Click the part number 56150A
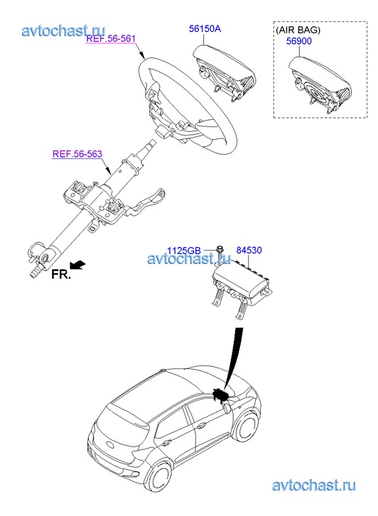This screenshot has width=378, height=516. tap(205, 28)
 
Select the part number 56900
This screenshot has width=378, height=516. tap(298, 41)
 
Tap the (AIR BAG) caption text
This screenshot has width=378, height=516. tap(298, 30)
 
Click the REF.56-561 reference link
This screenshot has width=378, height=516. tap(111, 38)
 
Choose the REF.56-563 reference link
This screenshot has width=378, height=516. tap(77, 154)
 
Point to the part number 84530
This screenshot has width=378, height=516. tap(249, 250)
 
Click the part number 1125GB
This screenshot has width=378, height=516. tap(183, 251)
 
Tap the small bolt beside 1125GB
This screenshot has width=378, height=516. tap(219, 249)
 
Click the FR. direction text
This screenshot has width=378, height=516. tap(61, 274)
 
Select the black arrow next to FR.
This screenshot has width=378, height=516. tap(77, 265)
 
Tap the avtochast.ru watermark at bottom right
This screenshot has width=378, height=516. tap(314, 485)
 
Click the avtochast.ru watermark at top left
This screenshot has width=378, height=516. tap(63, 31)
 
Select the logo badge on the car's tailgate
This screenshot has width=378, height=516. tap(108, 446)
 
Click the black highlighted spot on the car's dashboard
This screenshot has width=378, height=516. tap(220, 394)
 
